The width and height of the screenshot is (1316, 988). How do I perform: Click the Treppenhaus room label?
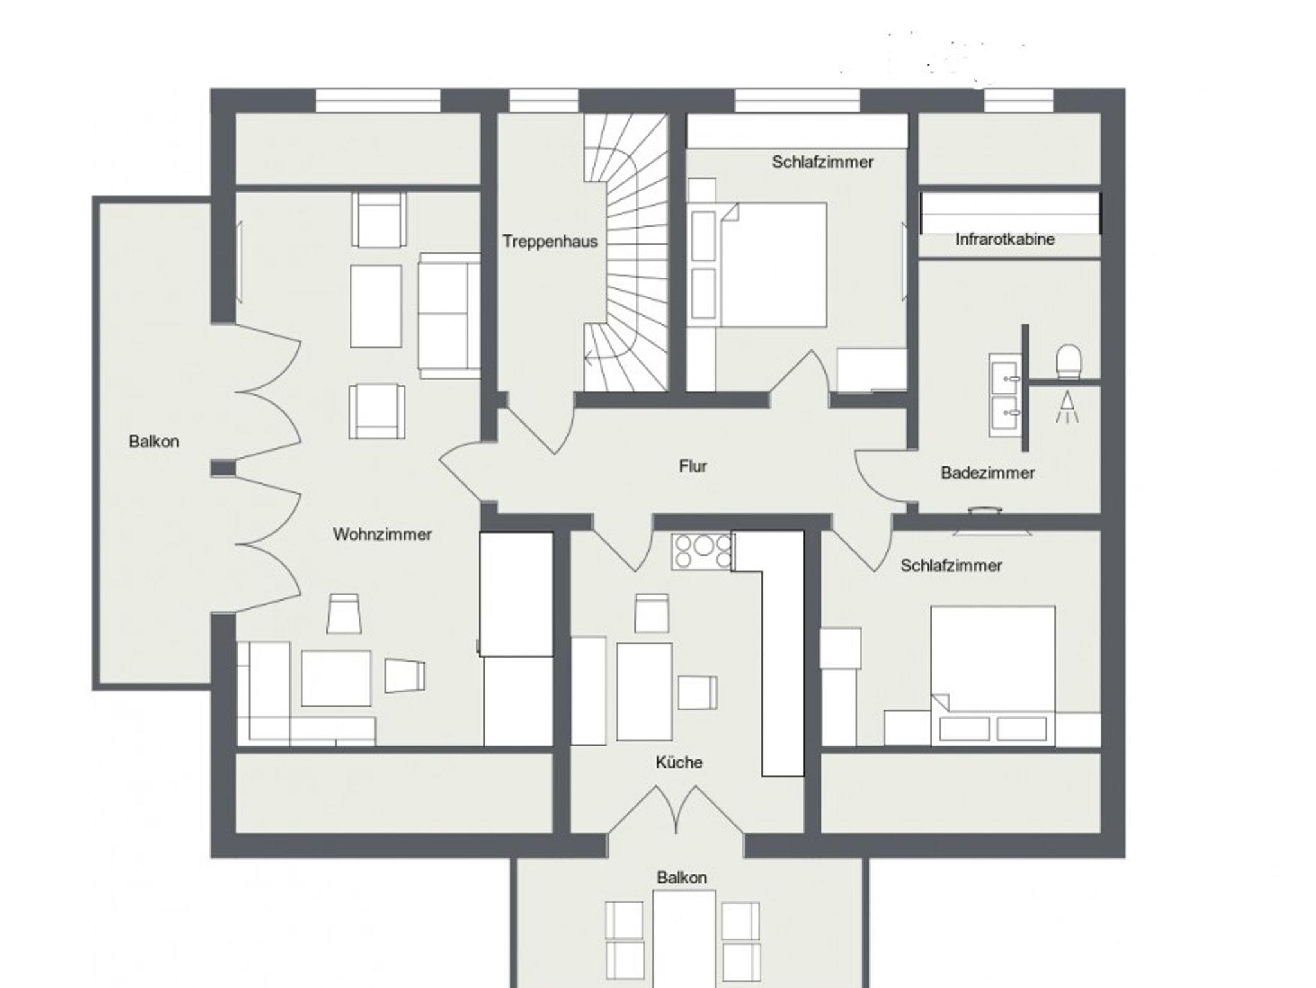pos(550,242)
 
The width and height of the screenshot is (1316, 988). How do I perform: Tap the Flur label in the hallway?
pos(693,466)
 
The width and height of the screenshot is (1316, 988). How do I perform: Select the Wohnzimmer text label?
pos(382,534)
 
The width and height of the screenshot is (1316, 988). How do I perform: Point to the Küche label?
pos(679,762)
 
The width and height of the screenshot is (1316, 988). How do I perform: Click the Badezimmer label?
pos(988,473)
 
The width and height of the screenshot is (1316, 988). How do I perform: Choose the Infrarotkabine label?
pos(1005,239)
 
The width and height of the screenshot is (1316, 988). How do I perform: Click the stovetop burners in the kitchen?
pos(702,551)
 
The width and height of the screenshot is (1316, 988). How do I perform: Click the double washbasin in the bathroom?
pos(1005,395)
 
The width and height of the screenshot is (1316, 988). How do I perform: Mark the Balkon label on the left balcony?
pos(154,441)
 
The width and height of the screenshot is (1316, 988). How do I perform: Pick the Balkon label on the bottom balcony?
pos(682,878)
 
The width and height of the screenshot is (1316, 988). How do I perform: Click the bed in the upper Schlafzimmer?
pos(774,265)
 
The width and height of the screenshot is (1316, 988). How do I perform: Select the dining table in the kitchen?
pos(645,692)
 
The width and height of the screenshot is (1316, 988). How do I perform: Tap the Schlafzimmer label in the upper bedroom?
pos(822,162)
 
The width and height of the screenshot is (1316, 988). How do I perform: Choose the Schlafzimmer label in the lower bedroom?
pos(951,565)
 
